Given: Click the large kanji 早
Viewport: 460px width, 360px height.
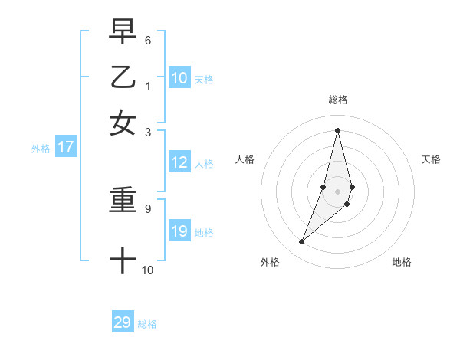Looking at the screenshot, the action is (x=123, y=33).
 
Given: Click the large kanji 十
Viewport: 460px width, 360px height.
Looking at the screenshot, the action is (x=123, y=260).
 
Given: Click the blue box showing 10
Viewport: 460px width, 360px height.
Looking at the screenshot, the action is (x=179, y=77).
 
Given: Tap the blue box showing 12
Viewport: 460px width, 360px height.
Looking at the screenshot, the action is (x=179, y=162).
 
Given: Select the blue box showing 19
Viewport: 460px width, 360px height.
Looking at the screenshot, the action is (x=179, y=231).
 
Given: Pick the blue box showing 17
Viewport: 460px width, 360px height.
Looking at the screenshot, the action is (x=66, y=148).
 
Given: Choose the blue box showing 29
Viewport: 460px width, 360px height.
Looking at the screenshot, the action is (x=123, y=322).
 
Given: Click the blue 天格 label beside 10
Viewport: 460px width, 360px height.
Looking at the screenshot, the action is (x=204, y=79).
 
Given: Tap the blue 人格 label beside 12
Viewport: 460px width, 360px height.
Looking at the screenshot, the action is (x=204, y=164).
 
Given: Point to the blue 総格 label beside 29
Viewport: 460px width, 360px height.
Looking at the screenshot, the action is (x=147, y=324).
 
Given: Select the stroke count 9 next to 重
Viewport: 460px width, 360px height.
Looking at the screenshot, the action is (x=148, y=207).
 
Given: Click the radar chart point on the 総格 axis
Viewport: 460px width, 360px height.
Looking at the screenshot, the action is (x=337, y=129).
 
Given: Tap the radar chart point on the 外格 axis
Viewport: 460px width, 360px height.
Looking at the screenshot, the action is (x=302, y=242).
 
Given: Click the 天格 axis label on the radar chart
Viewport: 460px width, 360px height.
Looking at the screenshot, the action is (x=431, y=159).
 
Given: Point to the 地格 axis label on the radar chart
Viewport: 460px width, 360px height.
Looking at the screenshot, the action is (x=402, y=262).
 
